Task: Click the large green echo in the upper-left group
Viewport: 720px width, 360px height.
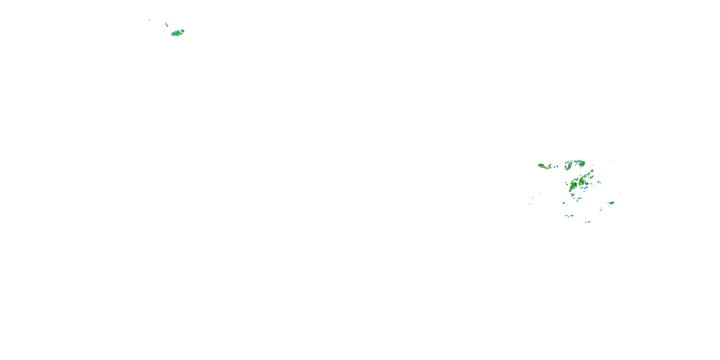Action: tap(177, 34)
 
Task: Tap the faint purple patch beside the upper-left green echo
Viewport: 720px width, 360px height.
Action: tap(183, 30)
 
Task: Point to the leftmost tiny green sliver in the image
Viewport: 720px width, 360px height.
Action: tap(150, 20)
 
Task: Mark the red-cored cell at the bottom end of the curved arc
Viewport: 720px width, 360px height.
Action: tap(570, 190)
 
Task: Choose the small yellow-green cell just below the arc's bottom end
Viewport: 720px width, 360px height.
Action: tap(573, 195)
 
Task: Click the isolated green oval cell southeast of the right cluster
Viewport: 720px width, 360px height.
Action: tap(612, 203)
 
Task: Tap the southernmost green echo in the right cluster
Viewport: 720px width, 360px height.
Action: tap(589, 222)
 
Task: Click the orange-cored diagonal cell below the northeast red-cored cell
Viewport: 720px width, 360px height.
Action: tap(591, 177)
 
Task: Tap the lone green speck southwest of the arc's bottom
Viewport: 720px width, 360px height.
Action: tap(564, 203)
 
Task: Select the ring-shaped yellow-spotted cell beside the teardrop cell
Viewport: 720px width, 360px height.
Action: tap(550, 167)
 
